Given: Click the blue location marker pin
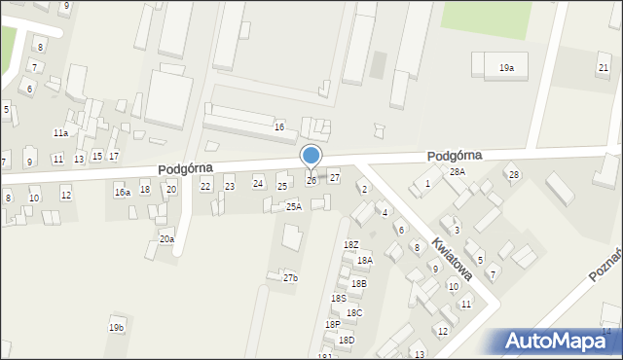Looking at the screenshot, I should pyautogui.click(x=311, y=157).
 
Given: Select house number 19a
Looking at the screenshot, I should pyautogui.click(x=506, y=67).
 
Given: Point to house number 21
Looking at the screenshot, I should pyautogui.click(x=604, y=67).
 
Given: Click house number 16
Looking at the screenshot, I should pyautogui.click(x=279, y=127).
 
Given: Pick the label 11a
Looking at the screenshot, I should pyautogui.click(x=60, y=132).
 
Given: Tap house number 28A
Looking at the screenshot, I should pyautogui.click(x=457, y=171).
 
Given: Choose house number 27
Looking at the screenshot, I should pyautogui.click(x=334, y=177).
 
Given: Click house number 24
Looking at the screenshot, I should pyautogui.click(x=258, y=183).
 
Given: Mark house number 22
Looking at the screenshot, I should pyautogui.click(x=205, y=186).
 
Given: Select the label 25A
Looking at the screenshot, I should pyautogui.click(x=293, y=206).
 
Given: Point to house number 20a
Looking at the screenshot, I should pyautogui.click(x=166, y=238).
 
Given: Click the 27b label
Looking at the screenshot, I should pyautogui.click(x=290, y=278).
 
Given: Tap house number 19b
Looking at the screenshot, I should pyautogui.click(x=117, y=328).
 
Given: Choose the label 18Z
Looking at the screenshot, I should pyautogui.click(x=351, y=245).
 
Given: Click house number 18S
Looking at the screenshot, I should pyautogui.click(x=339, y=298).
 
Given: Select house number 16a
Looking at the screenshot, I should pyautogui.click(x=122, y=193).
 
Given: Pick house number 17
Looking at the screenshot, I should pyautogui.click(x=114, y=157).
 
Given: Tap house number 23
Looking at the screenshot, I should pyautogui.click(x=230, y=186).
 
